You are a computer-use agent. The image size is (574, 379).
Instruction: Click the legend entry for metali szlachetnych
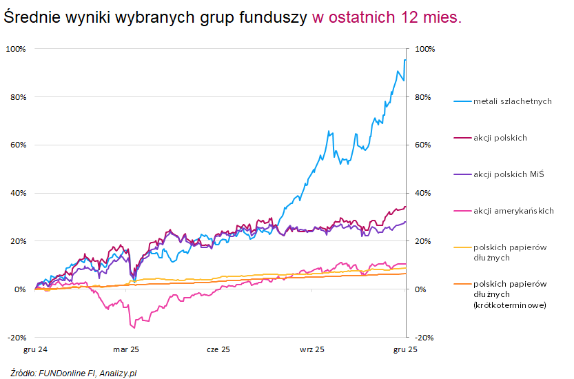512,101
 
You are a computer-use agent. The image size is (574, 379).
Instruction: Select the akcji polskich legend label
500,138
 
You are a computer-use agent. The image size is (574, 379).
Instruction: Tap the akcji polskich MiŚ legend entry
509,174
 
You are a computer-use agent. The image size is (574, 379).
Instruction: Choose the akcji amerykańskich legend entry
513,211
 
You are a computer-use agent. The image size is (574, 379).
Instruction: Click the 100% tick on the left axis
16,49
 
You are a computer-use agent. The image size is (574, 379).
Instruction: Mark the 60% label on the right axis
423,145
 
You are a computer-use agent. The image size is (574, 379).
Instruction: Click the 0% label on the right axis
421,289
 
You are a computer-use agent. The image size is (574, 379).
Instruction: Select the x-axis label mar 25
126,349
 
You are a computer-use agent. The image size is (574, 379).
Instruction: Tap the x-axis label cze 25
218,349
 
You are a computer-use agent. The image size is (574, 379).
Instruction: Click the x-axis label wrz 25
311,349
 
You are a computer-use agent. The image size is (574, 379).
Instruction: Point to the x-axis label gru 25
404,349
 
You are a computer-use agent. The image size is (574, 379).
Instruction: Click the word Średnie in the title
31,18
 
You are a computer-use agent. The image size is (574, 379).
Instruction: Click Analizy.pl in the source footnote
118,373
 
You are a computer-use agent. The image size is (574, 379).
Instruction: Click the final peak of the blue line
404,60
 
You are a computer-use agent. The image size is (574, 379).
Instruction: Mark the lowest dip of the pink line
132,327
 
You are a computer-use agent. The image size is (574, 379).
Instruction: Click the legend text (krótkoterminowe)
510,305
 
